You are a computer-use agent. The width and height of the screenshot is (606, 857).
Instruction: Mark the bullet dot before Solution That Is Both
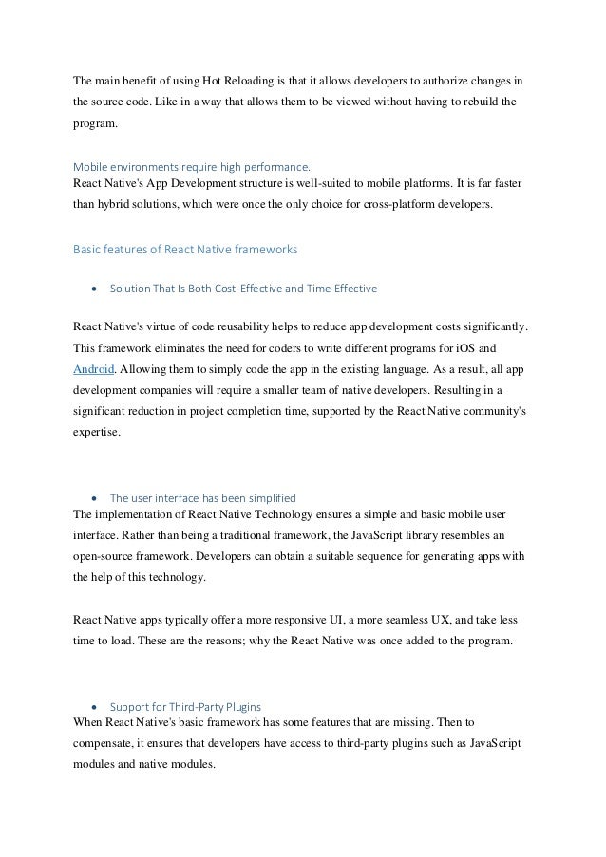[94, 288]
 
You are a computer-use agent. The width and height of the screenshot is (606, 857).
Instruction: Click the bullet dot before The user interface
[94, 497]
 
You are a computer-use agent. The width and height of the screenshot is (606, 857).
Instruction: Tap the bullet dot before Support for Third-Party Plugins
[94, 707]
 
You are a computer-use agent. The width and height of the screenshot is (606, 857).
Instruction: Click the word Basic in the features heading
[89, 250]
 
